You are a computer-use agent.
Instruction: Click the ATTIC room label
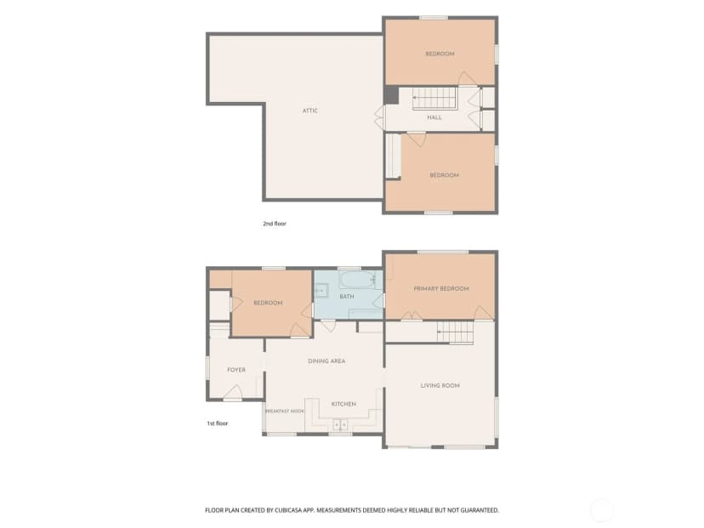tap(309, 111)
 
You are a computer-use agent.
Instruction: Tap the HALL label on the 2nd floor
tap(434, 117)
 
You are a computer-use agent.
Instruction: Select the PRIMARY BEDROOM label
tap(441, 288)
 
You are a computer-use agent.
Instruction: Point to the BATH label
tap(347, 297)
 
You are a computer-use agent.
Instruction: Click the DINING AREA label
tap(326, 361)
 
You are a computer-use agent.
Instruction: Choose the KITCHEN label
tap(343, 404)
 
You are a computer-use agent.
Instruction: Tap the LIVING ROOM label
tap(440, 385)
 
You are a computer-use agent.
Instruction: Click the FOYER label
tap(236, 370)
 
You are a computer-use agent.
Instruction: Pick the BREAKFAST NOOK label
tap(285, 412)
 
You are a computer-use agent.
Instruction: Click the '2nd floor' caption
tap(275, 224)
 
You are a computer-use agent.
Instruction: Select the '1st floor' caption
tap(218, 423)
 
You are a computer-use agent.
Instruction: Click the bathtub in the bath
tap(357, 281)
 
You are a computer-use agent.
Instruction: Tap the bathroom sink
tap(321, 291)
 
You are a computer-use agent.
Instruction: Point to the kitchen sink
tap(340, 424)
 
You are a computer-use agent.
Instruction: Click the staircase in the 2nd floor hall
tap(434, 99)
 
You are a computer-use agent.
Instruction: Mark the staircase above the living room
tap(455, 332)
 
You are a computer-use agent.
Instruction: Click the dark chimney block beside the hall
tap(391, 95)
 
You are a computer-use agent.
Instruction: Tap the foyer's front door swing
tap(233, 392)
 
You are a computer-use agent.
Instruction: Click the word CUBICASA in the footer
tap(297, 510)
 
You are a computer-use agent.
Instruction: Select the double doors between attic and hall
tap(379, 117)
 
